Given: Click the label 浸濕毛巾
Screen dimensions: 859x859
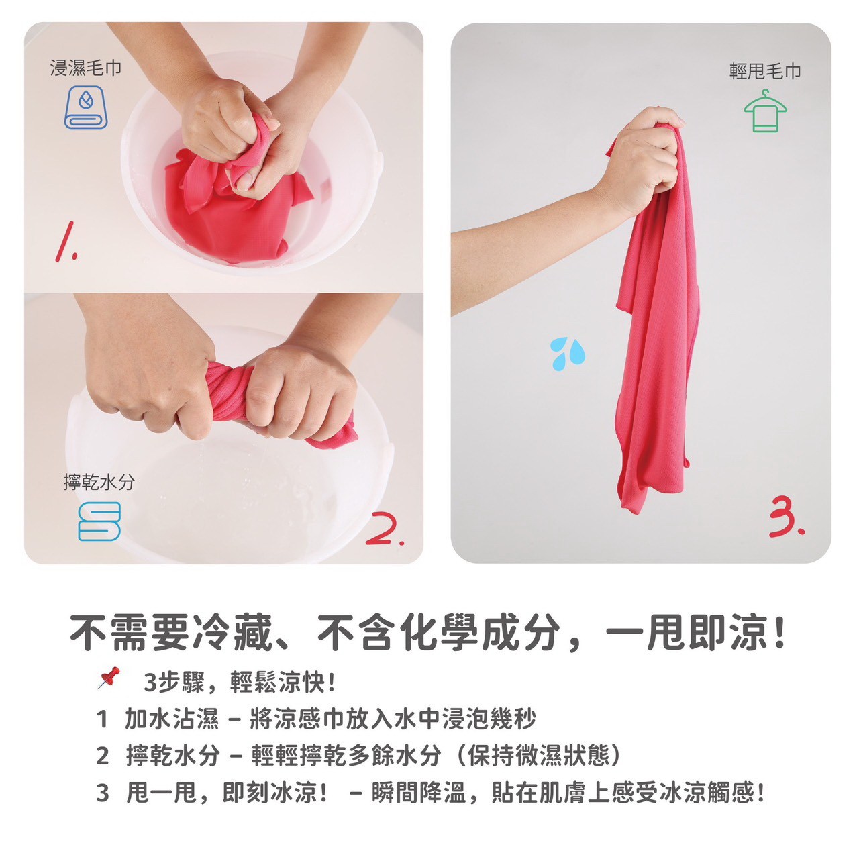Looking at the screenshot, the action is coord(86,68).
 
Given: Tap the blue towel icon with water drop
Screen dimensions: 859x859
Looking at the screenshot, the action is coord(86,107).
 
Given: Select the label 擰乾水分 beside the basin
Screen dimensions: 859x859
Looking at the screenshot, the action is coord(99,482).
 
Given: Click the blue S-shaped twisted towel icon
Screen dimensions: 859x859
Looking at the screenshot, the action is coord(99,521).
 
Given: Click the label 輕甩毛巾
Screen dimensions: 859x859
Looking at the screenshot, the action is coord(765,71).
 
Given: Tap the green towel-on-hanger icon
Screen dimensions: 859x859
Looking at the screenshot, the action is coord(765,111).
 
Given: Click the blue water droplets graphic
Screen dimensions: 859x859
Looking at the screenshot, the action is coord(567,354).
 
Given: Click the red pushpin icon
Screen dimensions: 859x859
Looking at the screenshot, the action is coord(109,678).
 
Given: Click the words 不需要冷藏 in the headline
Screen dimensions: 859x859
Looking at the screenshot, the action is coord(171,632).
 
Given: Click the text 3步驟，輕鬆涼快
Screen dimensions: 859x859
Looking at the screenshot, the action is coord(239,682).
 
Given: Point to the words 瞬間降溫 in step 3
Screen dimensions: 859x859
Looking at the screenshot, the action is coord(419,793).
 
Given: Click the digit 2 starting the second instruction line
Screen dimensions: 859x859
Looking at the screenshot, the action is coord(102,756).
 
